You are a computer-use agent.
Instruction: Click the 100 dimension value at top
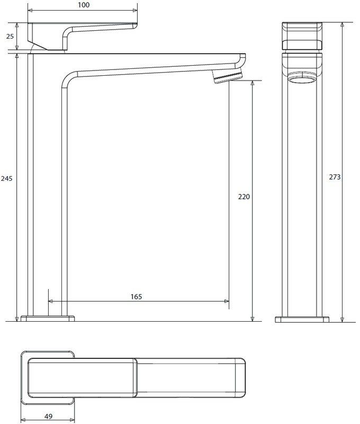pyautogui.click(x=84, y=5)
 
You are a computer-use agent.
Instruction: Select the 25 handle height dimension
pyautogui.click(x=10, y=36)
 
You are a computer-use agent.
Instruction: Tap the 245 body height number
pyautogui.click(x=6, y=179)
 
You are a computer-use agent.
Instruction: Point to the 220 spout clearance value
pyautogui.click(x=244, y=197)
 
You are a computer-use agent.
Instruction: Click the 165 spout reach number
pyautogui.click(x=136, y=297)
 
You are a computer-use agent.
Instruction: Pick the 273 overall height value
pyautogui.click(x=335, y=177)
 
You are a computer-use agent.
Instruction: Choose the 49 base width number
pyautogui.click(x=48, y=416)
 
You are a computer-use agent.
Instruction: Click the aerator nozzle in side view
pyautogui.click(x=227, y=76)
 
